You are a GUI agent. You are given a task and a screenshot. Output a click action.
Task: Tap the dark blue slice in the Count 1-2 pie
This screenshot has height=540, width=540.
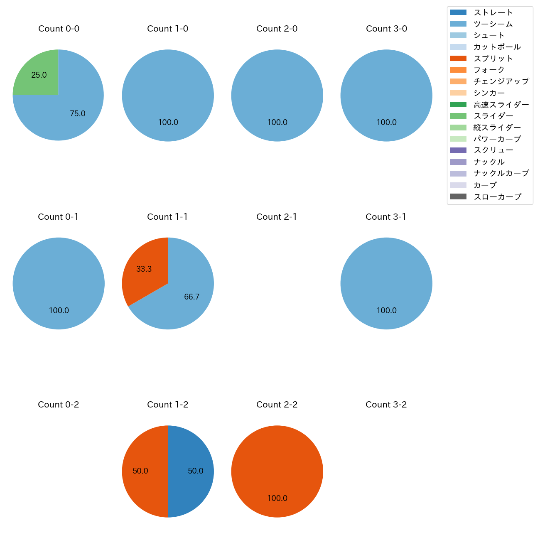click(191, 471)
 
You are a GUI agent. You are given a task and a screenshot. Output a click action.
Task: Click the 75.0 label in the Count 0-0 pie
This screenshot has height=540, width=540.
click(78, 114)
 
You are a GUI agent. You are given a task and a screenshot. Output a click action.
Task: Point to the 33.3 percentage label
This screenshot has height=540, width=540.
click(144, 269)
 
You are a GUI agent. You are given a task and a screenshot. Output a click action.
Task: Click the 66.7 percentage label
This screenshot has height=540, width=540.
click(192, 297)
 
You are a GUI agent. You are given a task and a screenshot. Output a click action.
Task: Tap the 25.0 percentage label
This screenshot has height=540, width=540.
click(39, 75)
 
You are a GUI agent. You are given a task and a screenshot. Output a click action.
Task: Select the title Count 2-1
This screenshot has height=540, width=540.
click(277, 217)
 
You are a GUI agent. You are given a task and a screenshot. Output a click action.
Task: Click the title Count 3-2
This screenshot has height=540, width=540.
click(386, 405)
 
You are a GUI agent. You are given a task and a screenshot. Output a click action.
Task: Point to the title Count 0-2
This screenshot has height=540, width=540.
click(59, 405)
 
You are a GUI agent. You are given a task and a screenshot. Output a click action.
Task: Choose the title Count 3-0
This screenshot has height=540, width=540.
click(386, 29)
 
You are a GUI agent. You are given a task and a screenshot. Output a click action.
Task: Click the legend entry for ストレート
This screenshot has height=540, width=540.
click(493, 12)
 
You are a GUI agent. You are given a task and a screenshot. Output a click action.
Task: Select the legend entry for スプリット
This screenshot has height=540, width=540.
click(493, 59)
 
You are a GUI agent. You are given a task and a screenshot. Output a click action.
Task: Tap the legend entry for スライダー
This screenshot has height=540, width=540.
click(493, 116)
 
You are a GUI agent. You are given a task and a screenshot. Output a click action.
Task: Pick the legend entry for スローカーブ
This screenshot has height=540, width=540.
click(497, 197)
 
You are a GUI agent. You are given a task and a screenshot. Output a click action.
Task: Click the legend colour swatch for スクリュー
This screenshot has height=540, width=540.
click(458, 150)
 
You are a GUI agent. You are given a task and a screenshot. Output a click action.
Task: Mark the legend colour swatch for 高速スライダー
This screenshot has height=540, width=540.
click(458, 105)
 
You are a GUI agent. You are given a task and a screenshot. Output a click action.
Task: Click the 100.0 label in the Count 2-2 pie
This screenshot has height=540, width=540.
click(277, 498)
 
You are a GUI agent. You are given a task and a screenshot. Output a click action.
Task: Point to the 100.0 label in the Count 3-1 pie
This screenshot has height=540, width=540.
click(387, 311)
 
